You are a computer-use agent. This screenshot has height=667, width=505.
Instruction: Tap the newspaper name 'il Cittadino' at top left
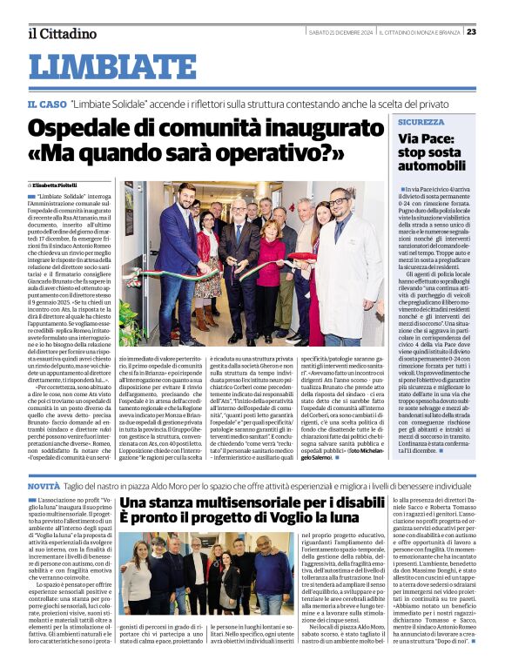point(62,33)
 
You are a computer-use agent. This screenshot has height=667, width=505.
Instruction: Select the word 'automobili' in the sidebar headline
point(433,165)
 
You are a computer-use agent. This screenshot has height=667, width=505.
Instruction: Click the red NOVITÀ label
point(44,485)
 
